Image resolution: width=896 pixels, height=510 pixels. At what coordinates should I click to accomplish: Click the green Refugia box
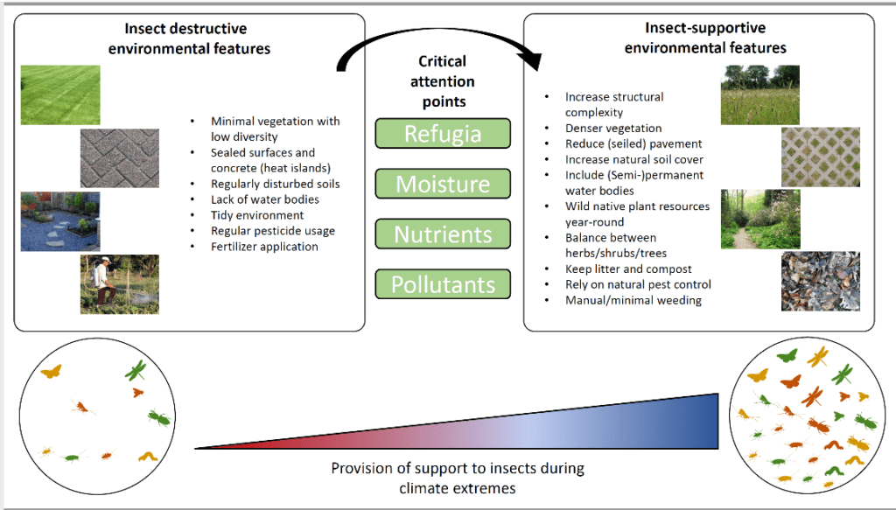coord(443,133)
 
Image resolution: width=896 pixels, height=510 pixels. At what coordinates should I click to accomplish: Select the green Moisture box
coord(443,184)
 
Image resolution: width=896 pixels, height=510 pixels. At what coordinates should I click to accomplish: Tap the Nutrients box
coord(443,234)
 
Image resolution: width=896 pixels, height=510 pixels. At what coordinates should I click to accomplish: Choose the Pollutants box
coord(443,283)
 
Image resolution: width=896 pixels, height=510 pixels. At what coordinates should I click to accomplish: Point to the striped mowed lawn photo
coord(60,94)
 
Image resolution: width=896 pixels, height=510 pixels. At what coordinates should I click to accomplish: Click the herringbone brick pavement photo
coord(119,158)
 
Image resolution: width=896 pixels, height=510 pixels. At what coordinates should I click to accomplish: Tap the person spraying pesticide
coord(103,283)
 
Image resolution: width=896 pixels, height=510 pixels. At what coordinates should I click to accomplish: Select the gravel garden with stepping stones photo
coord(60,221)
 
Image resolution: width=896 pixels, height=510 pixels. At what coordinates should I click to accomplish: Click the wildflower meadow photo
coord(760,94)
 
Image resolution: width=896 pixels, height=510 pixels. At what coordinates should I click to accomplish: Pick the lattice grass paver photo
coord(821,157)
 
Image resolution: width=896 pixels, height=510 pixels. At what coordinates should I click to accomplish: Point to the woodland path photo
coord(760,220)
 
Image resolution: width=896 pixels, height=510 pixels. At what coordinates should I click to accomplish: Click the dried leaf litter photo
coord(821,282)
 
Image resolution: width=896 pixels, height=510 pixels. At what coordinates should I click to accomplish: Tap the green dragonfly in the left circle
coord(136,371)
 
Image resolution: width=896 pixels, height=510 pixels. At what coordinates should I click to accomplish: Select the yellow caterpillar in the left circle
coord(148,457)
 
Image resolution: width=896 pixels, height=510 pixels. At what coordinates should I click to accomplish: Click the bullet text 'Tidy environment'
coord(257,215)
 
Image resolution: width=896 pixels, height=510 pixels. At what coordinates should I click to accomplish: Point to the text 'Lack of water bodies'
coord(265,199)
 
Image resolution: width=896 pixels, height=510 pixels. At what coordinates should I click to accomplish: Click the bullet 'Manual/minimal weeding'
coord(633,300)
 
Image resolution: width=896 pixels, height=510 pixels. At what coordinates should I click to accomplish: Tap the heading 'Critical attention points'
coord(443,81)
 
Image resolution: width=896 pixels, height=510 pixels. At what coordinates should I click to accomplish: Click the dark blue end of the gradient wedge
coord(709,421)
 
